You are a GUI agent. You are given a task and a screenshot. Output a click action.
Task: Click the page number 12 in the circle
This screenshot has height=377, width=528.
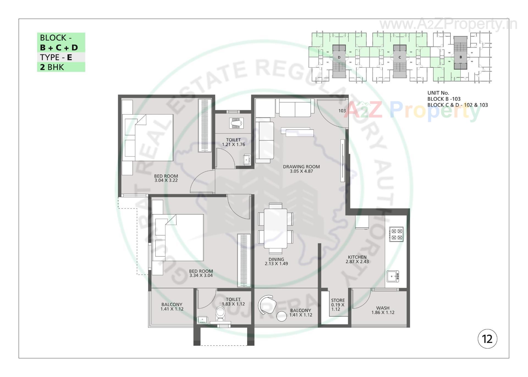coord(487,339)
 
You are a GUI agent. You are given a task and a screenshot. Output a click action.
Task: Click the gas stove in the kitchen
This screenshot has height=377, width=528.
coord(396,234)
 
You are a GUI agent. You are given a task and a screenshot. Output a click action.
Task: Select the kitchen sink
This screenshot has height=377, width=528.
coord(392,276)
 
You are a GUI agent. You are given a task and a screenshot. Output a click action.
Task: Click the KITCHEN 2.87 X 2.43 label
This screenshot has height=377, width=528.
coord(357,259)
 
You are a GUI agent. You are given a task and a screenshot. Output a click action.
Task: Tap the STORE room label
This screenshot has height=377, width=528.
coord(338,304)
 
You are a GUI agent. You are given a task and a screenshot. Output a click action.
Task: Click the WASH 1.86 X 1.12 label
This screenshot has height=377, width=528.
coord(383,310)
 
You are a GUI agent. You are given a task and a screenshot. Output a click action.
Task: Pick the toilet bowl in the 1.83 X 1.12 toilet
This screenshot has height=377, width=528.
coord(220,313)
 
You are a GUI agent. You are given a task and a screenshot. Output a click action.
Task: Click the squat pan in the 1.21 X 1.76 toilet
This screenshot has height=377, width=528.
coord(236,123)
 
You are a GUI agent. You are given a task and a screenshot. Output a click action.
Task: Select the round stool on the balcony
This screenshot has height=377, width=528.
coord(281,316)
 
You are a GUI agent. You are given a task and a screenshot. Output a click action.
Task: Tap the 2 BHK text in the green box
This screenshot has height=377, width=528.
coord(52,67)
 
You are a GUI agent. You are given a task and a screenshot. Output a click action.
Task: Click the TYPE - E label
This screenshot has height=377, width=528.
coord(56,57)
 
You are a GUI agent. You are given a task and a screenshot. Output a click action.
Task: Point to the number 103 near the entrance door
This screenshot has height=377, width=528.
coord(342,111)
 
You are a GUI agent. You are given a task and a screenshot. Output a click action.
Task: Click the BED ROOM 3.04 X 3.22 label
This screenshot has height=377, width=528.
coord(166,178)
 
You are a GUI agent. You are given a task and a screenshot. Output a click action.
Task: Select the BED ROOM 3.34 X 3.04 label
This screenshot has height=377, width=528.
coord(201,273)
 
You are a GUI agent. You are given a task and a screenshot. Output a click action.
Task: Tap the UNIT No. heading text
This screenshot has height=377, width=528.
coord(438,93)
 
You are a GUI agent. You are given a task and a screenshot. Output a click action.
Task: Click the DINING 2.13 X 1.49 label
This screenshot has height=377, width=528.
coord(276,261)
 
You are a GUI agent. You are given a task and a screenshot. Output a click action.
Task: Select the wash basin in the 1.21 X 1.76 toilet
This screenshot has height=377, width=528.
coord(247,159)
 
